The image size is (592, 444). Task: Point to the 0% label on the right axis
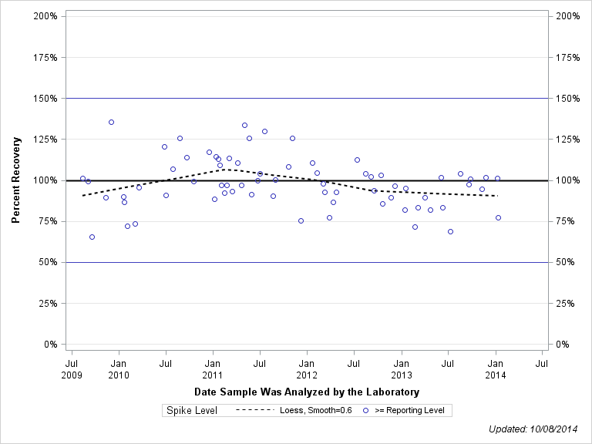coord(563,345)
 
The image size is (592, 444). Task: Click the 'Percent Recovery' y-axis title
coord(15,180)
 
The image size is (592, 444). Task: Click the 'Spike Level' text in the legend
coord(192,411)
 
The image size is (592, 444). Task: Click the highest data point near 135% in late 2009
coord(111,122)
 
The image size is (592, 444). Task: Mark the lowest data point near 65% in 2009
coord(92,237)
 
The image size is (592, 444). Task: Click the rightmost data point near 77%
coord(498,217)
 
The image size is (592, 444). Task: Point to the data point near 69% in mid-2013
coord(450,231)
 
